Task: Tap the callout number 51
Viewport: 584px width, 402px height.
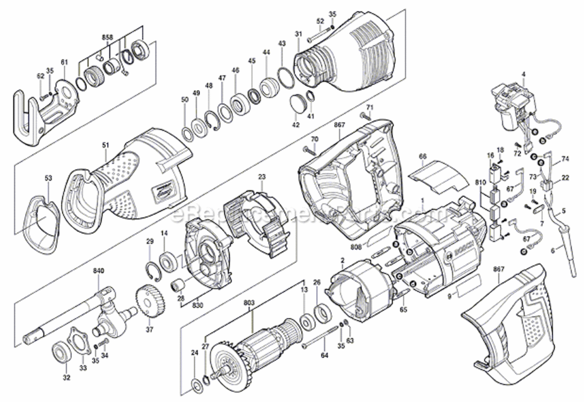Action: pos(106,144)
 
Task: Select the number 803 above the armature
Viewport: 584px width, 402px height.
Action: pos(249,303)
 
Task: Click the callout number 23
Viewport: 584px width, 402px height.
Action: pos(262,176)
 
